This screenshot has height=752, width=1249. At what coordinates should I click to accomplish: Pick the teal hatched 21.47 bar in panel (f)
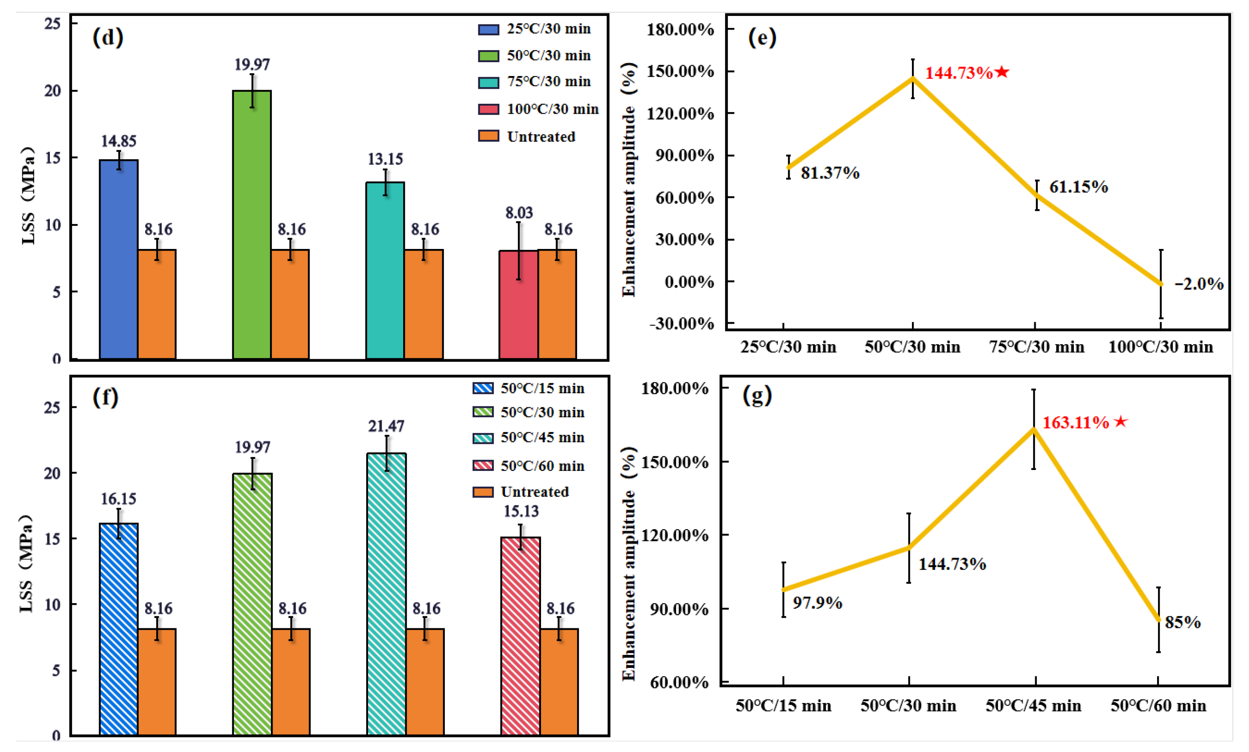(x=386, y=594)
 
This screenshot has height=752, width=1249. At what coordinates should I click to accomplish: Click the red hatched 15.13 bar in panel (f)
(x=520, y=636)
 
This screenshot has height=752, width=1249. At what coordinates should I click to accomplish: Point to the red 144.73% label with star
(x=966, y=73)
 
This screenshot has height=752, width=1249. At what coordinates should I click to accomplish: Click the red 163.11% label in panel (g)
(x=1084, y=422)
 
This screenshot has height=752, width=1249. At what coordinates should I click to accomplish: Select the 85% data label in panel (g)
(x=1182, y=622)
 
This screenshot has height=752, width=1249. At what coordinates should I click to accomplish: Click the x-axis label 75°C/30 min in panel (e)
(x=1036, y=347)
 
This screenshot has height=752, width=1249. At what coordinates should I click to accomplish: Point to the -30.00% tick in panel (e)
(x=681, y=323)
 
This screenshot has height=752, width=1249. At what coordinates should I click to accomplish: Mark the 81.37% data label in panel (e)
(x=830, y=173)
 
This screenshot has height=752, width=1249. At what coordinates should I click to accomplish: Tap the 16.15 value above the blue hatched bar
(x=118, y=499)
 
